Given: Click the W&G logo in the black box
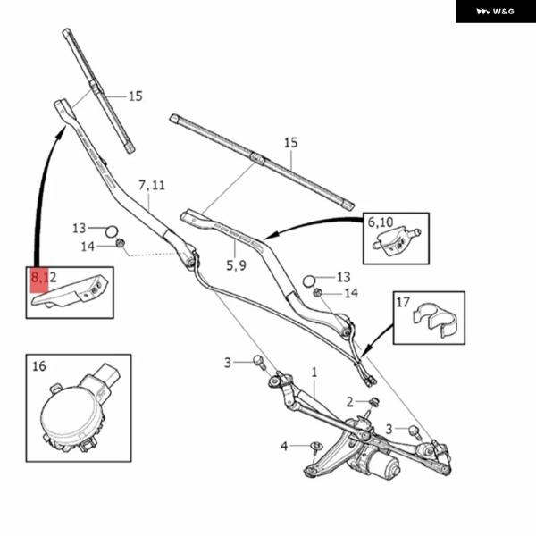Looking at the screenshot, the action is click(x=495, y=12).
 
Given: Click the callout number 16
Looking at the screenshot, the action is click(x=39, y=366).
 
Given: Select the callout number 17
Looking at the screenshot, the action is click(x=403, y=302).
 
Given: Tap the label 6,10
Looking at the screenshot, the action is click(x=381, y=222).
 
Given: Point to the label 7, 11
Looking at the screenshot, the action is click(x=152, y=185).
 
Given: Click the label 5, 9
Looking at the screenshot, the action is click(x=236, y=265).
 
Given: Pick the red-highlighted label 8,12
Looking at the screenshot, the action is click(x=44, y=277).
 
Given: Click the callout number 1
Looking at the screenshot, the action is click(x=314, y=373).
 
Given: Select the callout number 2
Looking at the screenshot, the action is click(x=349, y=402).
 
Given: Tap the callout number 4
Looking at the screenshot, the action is click(x=284, y=446).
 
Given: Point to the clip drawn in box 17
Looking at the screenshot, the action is click(x=434, y=319).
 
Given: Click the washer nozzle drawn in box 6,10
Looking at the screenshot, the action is click(x=396, y=240).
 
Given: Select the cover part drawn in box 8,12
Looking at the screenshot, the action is click(x=70, y=291).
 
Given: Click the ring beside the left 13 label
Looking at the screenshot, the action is click(x=111, y=231).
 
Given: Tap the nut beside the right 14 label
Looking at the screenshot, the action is click(x=317, y=292).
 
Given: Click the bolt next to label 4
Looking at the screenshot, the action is click(x=316, y=449).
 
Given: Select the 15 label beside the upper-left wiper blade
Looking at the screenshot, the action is click(x=136, y=96).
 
